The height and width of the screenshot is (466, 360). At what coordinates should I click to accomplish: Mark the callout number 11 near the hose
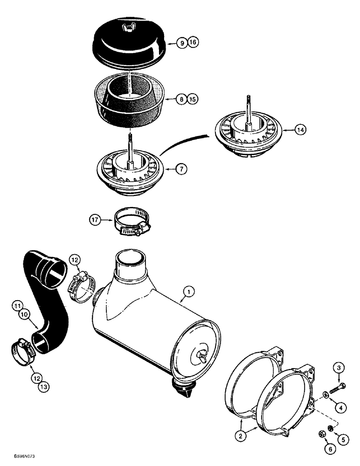click(x=17, y=307)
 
